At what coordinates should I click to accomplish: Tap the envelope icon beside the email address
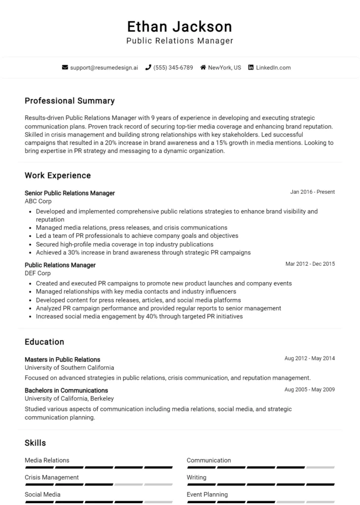point(65,68)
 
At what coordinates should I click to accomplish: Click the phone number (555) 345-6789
point(173,68)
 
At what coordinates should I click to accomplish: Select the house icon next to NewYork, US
point(203,68)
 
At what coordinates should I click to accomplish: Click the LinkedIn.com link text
point(273,68)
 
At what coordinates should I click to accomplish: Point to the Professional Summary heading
point(70,101)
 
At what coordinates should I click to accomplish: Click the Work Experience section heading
point(58,175)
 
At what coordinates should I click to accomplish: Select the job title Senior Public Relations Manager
point(70,193)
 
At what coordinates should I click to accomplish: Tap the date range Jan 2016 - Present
point(313,192)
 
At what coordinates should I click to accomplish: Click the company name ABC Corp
point(38,201)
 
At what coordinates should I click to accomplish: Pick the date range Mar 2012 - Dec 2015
point(310,264)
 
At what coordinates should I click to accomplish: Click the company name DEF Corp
point(37,273)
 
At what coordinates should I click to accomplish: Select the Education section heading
point(44,342)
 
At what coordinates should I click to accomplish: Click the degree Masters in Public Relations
point(62,360)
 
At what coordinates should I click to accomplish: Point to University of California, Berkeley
point(69,398)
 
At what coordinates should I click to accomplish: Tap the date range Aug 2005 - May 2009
point(309,390)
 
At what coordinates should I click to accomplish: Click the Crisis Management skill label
point(52,477)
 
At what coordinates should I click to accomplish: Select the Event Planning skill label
point(207,494)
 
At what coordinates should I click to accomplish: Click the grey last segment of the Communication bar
point(321,467)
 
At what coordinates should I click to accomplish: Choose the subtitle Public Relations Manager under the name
point(180,41)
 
